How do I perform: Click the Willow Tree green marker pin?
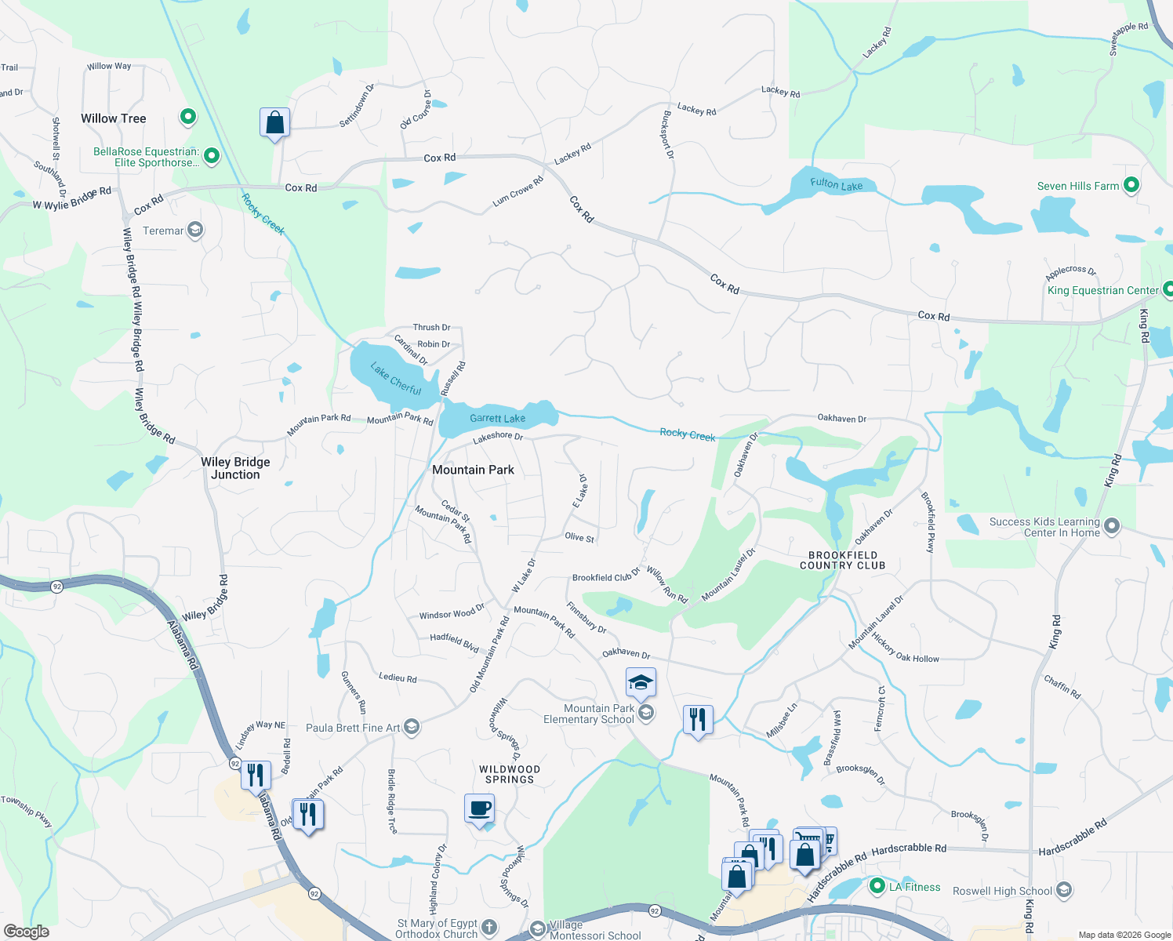click(x=188, y=118)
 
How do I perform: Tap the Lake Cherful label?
click(x=396, y=380)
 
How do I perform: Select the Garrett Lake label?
click(x=497, y=419)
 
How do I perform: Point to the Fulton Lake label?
click(x=836, y=185)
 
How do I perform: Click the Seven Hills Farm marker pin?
click(x=1131, y=186)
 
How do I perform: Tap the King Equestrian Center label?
click(x=1102, y=290)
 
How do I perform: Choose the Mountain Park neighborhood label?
click(x=473, y=470)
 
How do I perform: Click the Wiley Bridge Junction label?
click(x=235, y=468)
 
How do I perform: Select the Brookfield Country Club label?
click(x=842, y=560)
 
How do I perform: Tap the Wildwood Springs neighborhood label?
click(x=509, y=774)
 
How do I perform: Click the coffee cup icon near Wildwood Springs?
click(x=480, y=808)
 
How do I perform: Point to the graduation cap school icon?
click(x=641, y=682)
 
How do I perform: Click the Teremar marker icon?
click(x=195, y=230)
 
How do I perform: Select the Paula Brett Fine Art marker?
click(x=412, y=727)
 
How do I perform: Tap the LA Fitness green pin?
click(x=877, y=887)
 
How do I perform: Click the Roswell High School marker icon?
click(x=1064, y=890)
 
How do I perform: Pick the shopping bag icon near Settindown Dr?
click(x=274, y=123)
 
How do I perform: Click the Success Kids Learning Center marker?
click(x=1111, y=526)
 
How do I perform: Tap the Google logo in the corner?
click(x=27, y=932)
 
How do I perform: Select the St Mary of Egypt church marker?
click(x=489, y=928)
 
